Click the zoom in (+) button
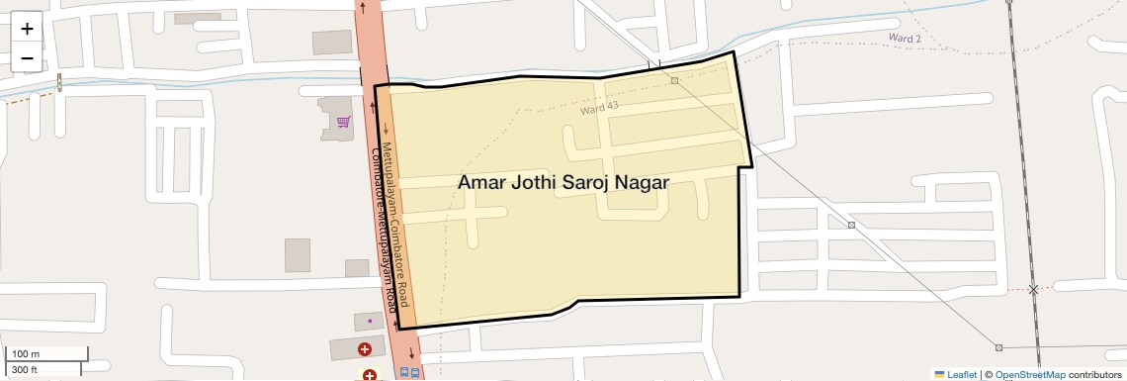tap(27, 29)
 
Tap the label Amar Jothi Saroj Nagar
tap(563, 183)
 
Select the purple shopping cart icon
tap(343, 122)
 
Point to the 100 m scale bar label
tap(26, 353)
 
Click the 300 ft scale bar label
tap(25, 369)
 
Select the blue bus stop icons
tap(409, 373)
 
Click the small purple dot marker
tap(370, 321)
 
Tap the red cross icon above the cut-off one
tap(365, 349)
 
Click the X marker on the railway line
tap(1033, 290)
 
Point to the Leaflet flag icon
tap(939, 374)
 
